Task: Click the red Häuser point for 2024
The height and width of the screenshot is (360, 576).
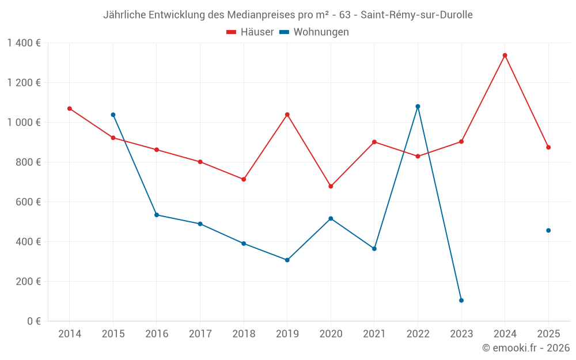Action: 505,55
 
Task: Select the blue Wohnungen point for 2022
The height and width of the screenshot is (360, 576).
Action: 418,107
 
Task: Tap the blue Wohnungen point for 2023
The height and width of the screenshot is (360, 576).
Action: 461,301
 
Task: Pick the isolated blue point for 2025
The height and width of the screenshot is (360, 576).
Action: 548,230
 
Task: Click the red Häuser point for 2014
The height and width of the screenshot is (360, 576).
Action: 70,108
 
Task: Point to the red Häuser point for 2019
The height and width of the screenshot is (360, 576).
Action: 287,115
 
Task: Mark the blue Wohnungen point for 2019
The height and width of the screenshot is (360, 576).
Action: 287,260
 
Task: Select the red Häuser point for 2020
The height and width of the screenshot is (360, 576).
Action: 331,186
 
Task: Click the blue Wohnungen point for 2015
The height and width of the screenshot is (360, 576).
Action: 113,115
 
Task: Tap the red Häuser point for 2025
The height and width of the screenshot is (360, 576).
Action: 548,147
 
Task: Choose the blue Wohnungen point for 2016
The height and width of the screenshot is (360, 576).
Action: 157,215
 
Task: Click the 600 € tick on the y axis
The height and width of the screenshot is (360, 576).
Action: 29,202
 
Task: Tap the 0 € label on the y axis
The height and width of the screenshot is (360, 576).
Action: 33,321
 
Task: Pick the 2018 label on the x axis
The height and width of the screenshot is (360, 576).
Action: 244,334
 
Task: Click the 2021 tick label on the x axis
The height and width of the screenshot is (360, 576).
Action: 374,334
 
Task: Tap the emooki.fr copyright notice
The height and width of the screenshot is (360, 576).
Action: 526,348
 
